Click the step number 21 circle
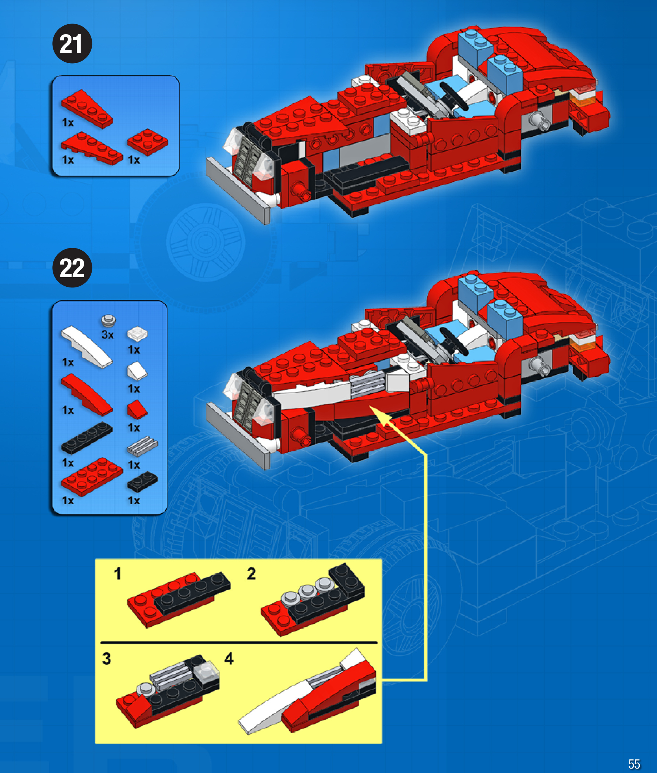tap(72, 43)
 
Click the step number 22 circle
tap(72, 268)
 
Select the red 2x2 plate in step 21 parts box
tap(148, 142)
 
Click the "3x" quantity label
tap(107, 334)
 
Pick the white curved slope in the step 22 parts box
tap(86, 347)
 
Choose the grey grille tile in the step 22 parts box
tap(143, 446)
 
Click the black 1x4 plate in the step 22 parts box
tap(87, 438)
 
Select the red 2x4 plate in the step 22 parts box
tap(92, 477)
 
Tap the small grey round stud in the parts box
tap(108, 320)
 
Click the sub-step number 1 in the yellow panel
tap(118, 574)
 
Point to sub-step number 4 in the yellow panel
tap(229, 658)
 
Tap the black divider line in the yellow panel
tap(239, 642)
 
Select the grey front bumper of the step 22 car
tap(238, 436)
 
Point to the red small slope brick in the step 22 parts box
tap(137, 409)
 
